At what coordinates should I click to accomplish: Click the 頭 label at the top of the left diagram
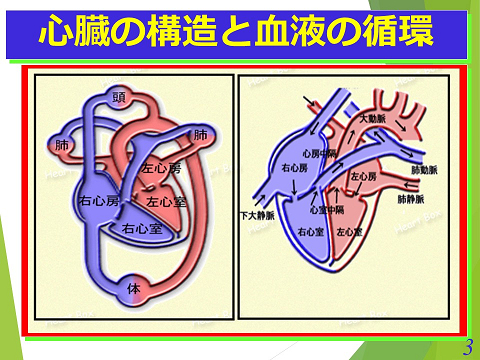119,97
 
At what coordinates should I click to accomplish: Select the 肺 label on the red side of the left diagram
200,135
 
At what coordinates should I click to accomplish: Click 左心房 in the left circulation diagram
161,170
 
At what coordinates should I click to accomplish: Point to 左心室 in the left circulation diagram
166,201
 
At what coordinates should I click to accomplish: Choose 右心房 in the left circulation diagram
99,201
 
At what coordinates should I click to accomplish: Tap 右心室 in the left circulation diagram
141,229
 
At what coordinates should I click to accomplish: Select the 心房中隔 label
318,153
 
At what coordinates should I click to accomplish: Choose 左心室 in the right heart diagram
350,231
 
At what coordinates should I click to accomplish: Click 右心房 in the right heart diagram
294,168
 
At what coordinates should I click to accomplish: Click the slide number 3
466,346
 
